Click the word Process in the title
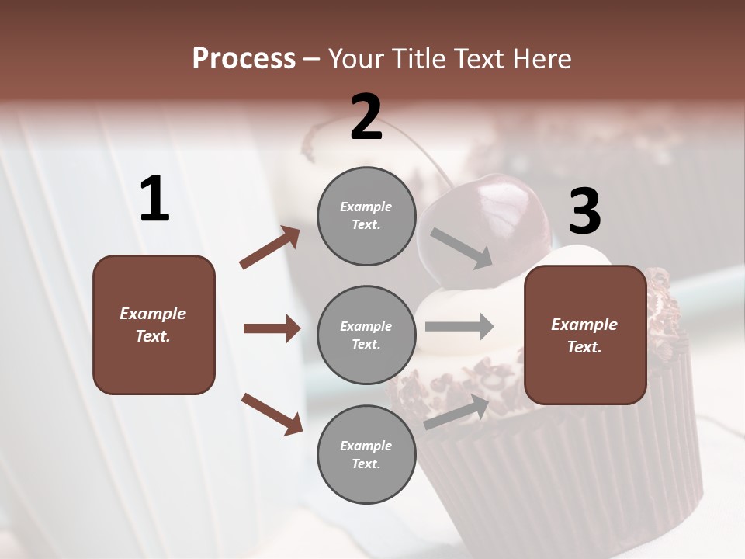(x=244, y=58)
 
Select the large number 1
(x=154, y=200)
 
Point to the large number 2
(x=366, y=117)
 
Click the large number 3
(x=584, y=213)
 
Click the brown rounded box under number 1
(x=154, y=325)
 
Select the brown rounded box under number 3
(x=585, y=335)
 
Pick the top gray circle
(x=366, y=216)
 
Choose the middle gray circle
(x=366, y=335)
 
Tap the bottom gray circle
(x=366, y=455)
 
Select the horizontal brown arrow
(x=272, y=328)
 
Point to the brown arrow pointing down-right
(x=272, y=413)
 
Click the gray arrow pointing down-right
(x=461, y=248)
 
